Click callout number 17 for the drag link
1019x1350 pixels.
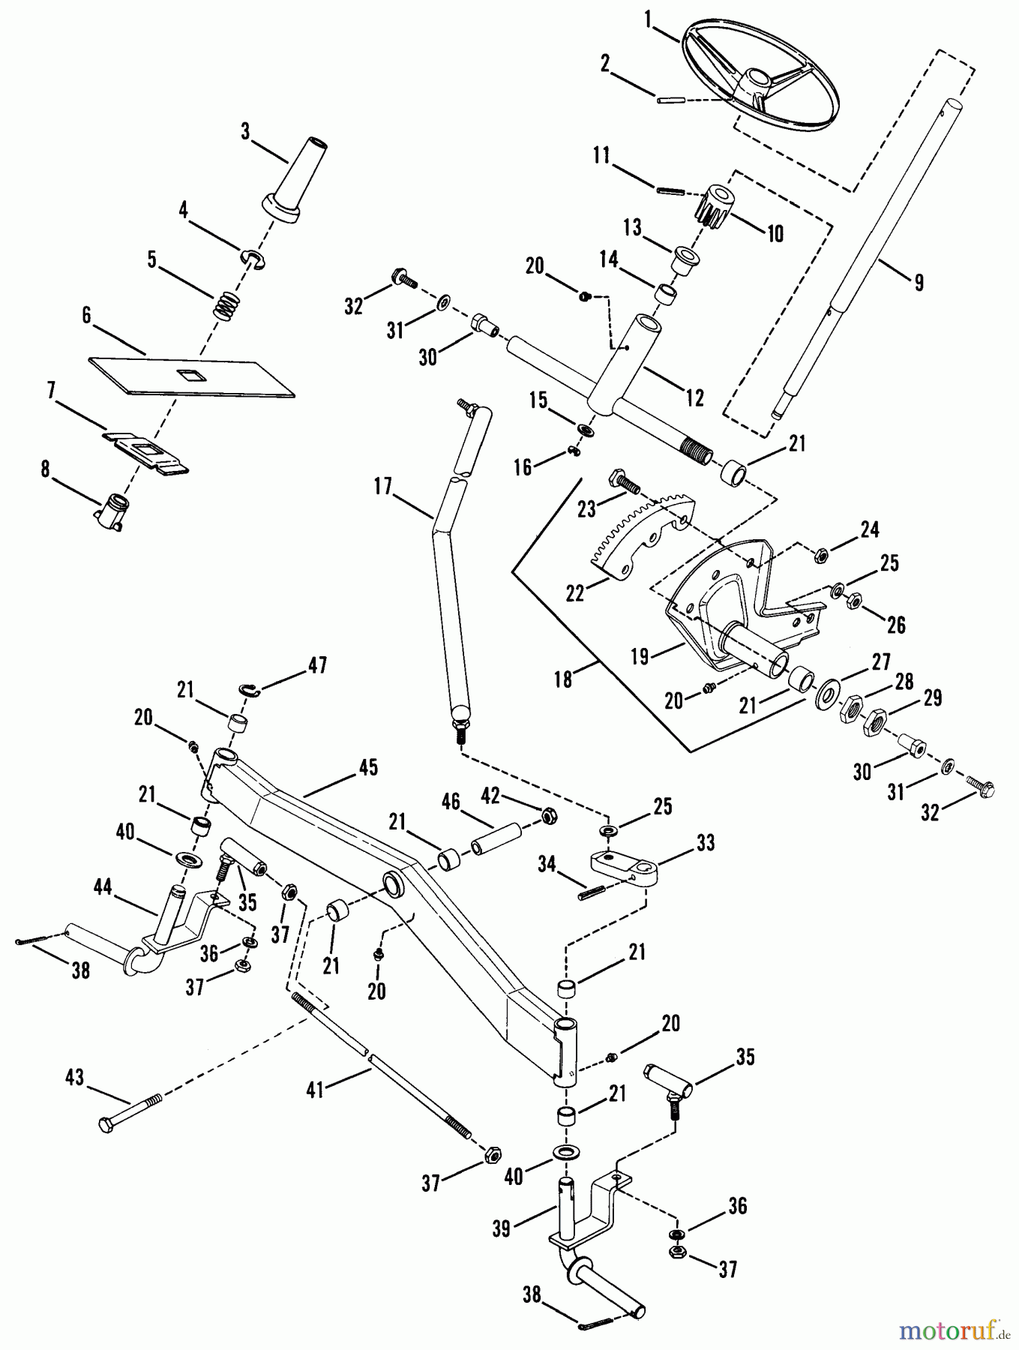[x=382, y=487]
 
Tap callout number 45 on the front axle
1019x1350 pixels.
[x=368, y=768]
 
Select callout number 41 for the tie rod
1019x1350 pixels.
[x=315, y=1089]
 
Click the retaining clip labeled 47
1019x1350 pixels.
[x=250, y=690]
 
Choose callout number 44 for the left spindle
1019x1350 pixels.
[x=102, y=889]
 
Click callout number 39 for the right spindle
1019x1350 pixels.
[x=501, y=1228]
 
